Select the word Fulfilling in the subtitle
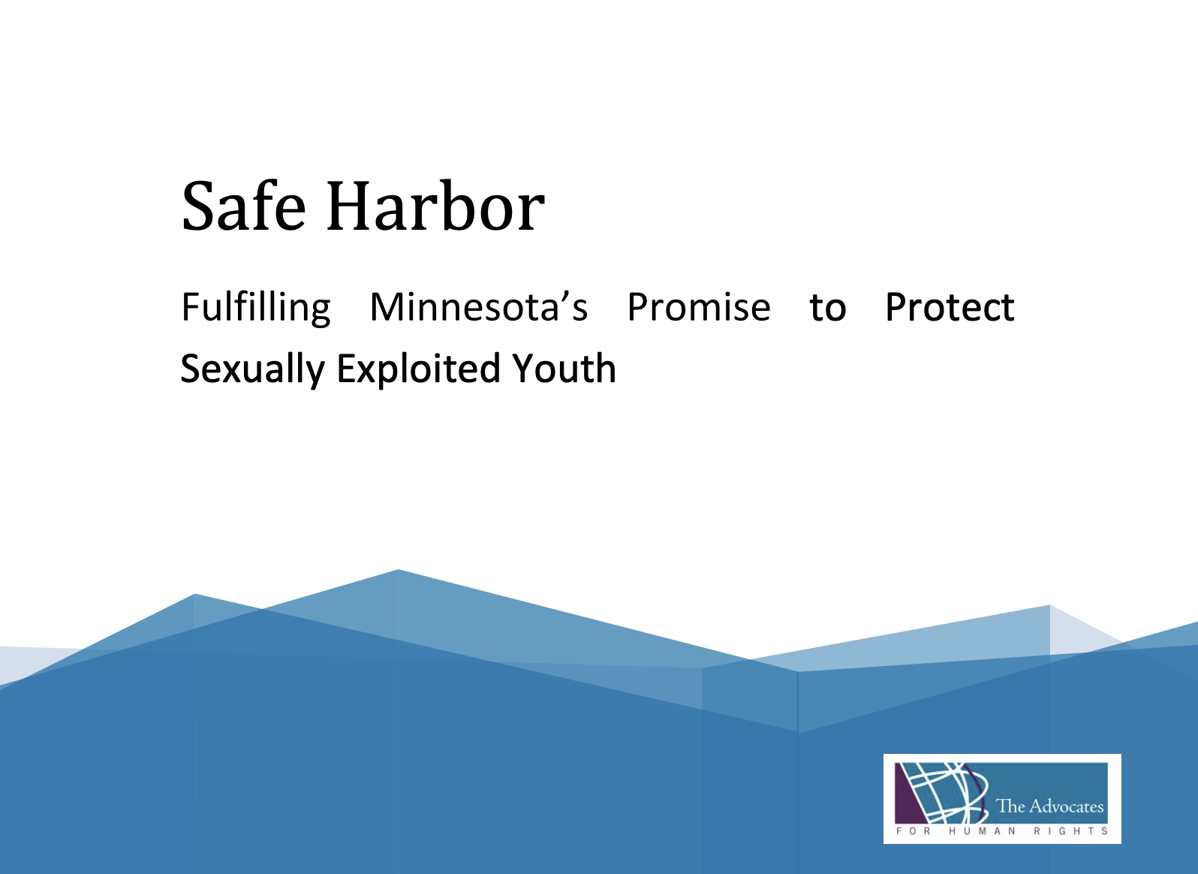pyautogui.click(x=256, y=308)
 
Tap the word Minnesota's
pyautogui.click(x=479, y=307)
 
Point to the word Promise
pyautogui.click(x=699, y=307)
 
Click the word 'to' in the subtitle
pyautogui.click(x=828, y=309)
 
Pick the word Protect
pyautogui.click(x=950, y=307)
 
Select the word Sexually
pyautogui.click(x=253, y=369)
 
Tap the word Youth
pyautogui.click(x=564, y=369)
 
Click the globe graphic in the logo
pyautogui.click(x=942, y=793)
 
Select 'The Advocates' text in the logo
pyautogui.click(x=1050, y=806)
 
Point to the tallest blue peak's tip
pyautogui.click(x=398, y=570)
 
